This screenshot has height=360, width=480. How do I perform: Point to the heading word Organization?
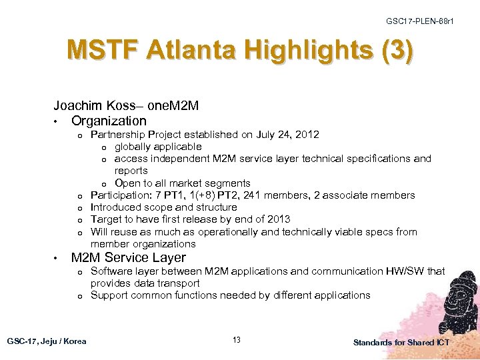(x=109, y=121)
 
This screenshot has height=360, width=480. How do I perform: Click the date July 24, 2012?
(x=285, y=135)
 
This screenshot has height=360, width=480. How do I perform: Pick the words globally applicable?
(x=158, y=147)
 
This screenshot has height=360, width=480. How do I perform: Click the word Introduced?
(x=116, y=207)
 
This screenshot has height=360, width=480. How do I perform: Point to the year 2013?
(x=278, y=219)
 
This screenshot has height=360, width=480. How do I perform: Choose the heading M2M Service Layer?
(x=129, y=257)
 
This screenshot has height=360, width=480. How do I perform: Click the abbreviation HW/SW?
(x=407, y=271)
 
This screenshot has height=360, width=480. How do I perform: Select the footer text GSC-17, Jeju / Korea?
(x=47, y=341)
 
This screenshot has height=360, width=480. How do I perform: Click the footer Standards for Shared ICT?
(x=401, y=342)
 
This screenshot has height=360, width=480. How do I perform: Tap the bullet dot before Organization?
(x=59, y=121)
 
